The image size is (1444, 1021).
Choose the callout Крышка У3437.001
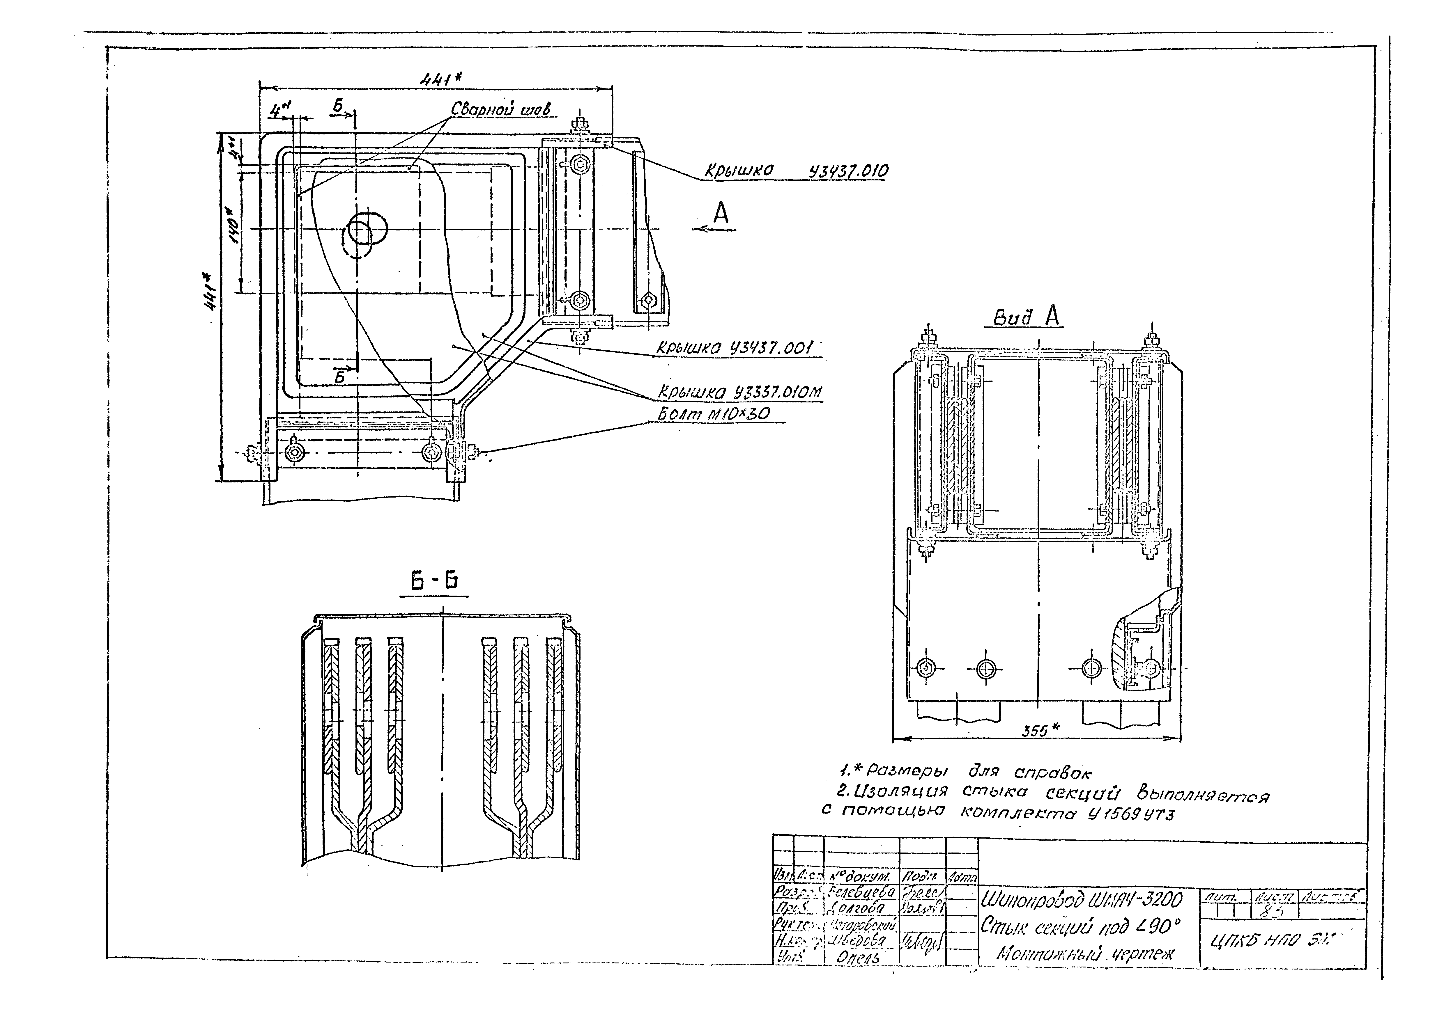[x=735, y=348]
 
